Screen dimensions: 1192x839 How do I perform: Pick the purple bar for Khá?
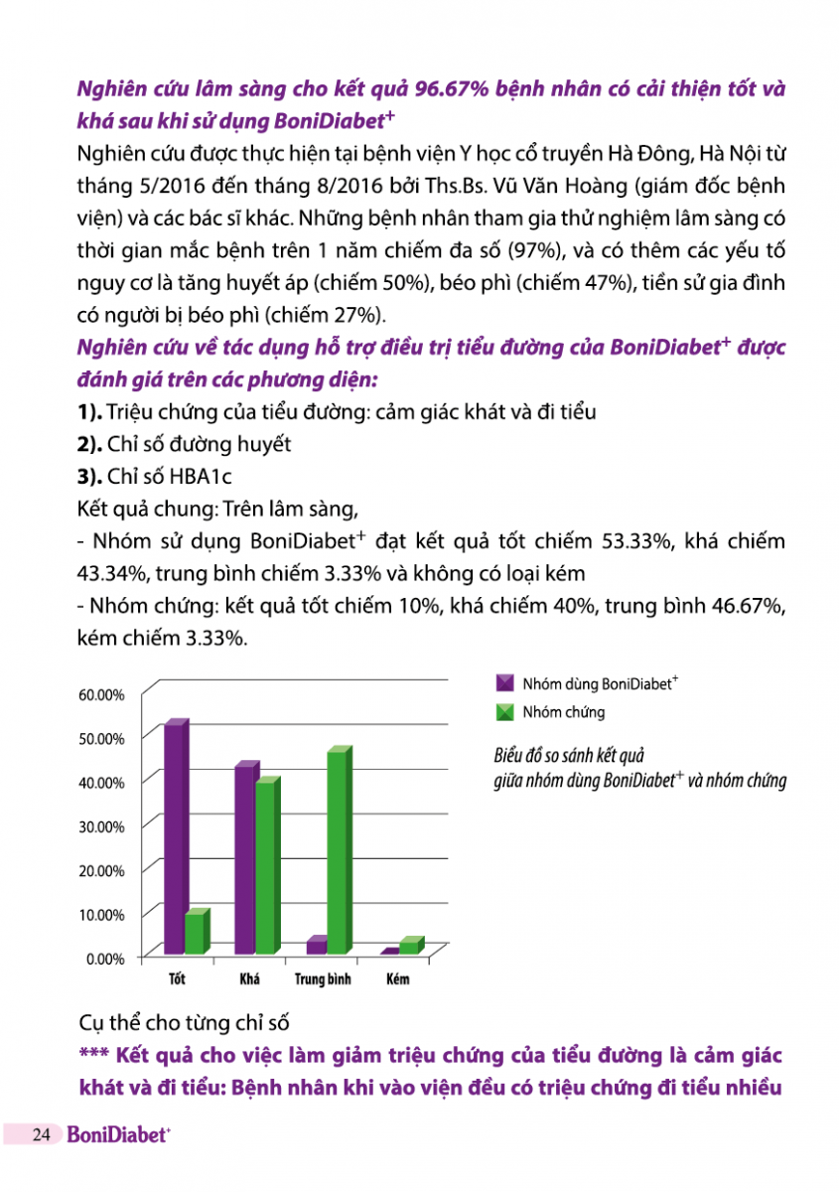click(x=245, y=859)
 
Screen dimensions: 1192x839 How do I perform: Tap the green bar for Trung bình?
click(x=338, y=851)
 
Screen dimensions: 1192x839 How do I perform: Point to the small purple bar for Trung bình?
click(x=316, y=946)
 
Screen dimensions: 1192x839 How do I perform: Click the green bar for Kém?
click(x=409, y=946)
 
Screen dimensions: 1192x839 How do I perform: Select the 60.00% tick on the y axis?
click(x=101, y=694)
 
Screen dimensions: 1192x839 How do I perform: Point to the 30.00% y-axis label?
click(x=101, y=826)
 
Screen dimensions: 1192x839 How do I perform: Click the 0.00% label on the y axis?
click(x=104, y=959)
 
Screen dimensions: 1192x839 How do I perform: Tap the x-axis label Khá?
click(x=249, y=980)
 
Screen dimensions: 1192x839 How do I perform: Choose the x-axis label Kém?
click(x=397, y=980)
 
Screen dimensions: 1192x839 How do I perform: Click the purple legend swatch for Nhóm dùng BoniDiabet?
click(x=504, y=683)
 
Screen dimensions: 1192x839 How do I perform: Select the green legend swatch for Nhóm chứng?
click(x=504, y=712)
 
